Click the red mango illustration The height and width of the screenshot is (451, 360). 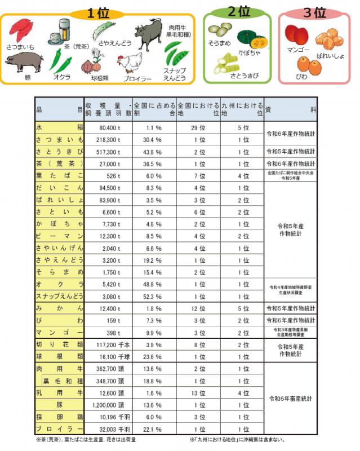click(296, 35)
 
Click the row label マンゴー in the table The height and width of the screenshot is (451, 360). click(59, 333)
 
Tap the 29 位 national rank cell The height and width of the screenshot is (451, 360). click(198, 128)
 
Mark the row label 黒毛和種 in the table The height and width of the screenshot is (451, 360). click(62, 381)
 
